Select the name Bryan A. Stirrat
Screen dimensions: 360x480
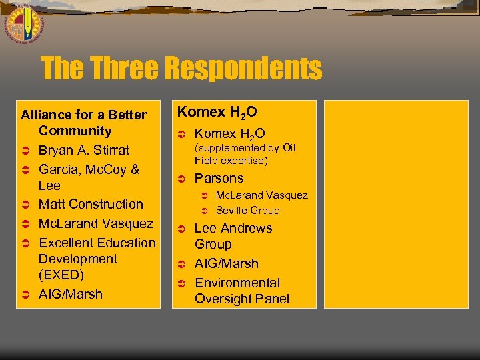point(83,150)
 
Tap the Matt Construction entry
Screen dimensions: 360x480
point(91,204)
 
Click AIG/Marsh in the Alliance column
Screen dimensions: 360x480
point(71,293)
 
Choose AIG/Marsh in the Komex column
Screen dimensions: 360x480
point(226,263)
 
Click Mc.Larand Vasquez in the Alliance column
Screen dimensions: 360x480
point(95,223)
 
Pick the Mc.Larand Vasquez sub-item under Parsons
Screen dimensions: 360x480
point(261,195)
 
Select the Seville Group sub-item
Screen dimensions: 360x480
point(247,210)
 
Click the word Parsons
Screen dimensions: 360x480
point(219,178)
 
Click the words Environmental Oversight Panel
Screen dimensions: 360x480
point(241,291)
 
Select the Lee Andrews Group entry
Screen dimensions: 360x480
point(233,236)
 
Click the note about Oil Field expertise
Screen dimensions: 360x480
point(245,154)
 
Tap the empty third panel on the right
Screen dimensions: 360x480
point(396,203)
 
